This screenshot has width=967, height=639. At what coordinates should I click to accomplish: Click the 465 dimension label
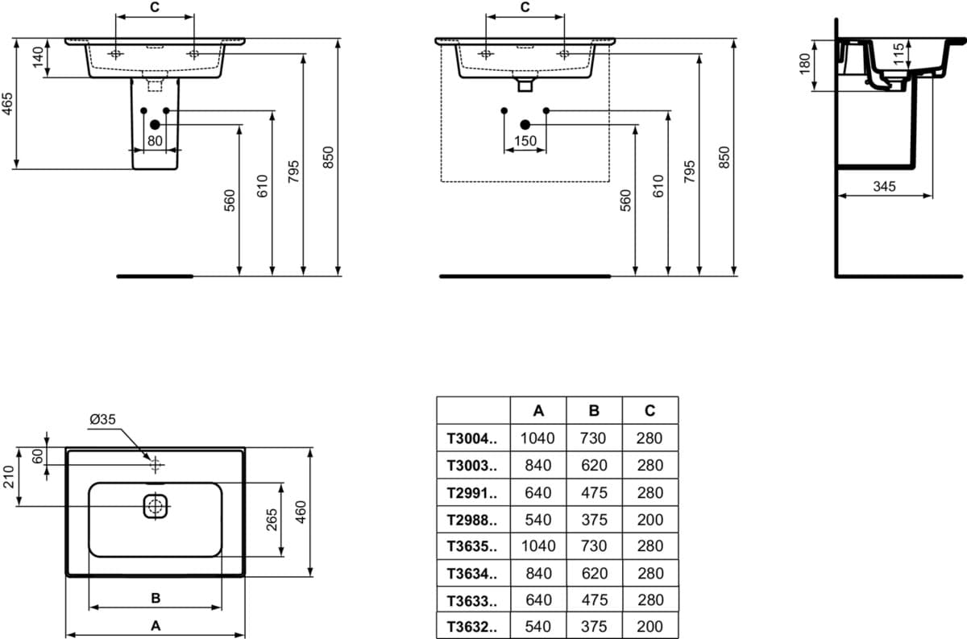point(7,104)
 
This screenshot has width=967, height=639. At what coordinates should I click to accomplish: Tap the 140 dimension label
point(38,57)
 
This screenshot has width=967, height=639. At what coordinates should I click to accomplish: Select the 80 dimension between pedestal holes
point(155,141)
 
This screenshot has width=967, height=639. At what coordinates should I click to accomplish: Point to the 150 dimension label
point(525,141)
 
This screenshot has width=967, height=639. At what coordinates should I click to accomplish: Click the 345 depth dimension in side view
point(884,186)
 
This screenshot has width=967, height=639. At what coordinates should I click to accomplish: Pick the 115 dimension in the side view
point(899,53)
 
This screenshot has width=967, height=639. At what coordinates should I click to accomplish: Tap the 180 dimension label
point(805,64)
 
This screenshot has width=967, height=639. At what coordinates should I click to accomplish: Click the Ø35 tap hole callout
point(103,419)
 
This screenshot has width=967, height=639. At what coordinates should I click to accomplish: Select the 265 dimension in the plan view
point(272,520)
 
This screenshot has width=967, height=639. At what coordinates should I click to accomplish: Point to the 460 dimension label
point(301,512)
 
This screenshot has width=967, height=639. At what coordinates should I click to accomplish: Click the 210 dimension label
point(9,477)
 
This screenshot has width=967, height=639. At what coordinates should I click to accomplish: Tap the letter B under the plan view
point(156,598)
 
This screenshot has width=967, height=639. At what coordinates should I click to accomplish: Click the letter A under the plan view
point(156,625)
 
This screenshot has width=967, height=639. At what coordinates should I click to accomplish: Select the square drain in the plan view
point(156,507)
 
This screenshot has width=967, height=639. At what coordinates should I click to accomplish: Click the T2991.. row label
point(472,492)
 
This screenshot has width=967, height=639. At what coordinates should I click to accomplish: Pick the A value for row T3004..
point(537,438)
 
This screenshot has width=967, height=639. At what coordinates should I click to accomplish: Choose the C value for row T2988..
point(650,520)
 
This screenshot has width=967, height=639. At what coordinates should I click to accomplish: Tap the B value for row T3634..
point(595,574)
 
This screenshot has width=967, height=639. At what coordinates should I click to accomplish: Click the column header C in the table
point(650,410)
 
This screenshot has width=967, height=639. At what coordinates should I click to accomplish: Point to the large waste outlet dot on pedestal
point(155,125)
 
